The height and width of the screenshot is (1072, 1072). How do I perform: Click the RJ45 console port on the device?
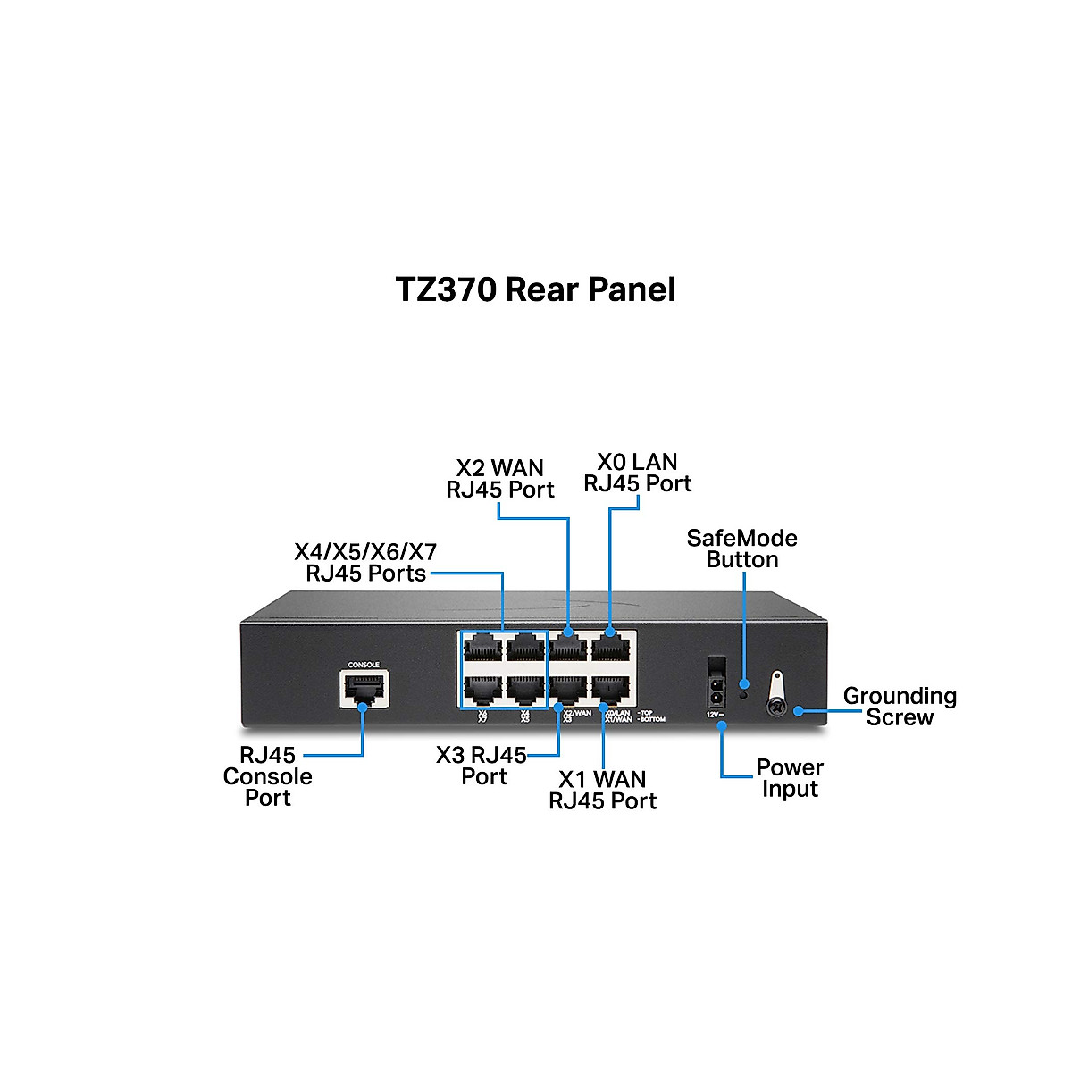coord(363,689)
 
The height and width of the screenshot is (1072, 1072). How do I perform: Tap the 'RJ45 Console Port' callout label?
coord(267,776)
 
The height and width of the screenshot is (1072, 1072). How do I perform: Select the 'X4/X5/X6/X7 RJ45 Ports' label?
coord(365,562)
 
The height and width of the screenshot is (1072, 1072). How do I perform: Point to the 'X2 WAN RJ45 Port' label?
coord(500,479)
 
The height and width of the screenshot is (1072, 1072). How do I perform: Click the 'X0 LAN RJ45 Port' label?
coord(637,473)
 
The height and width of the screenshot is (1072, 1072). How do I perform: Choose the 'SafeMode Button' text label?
coord(741,549)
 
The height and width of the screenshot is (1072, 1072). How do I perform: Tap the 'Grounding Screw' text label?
coord(899,707)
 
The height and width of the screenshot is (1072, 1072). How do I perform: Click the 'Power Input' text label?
coord(790,778)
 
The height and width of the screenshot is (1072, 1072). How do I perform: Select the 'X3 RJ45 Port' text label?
coord(482,766)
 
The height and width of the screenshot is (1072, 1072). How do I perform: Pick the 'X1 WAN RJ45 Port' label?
coord(602,790)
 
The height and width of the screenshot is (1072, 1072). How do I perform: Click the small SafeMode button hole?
coord(743,693)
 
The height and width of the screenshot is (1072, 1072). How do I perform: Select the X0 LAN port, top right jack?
coord(610,647)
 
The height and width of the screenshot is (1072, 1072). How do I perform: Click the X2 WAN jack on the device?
coord(568,647)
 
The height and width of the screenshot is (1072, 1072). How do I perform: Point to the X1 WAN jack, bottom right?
coord(610,687)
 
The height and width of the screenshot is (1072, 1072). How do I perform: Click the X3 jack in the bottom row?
coord(568,687)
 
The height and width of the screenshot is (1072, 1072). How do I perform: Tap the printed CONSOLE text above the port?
coord(364,665)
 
